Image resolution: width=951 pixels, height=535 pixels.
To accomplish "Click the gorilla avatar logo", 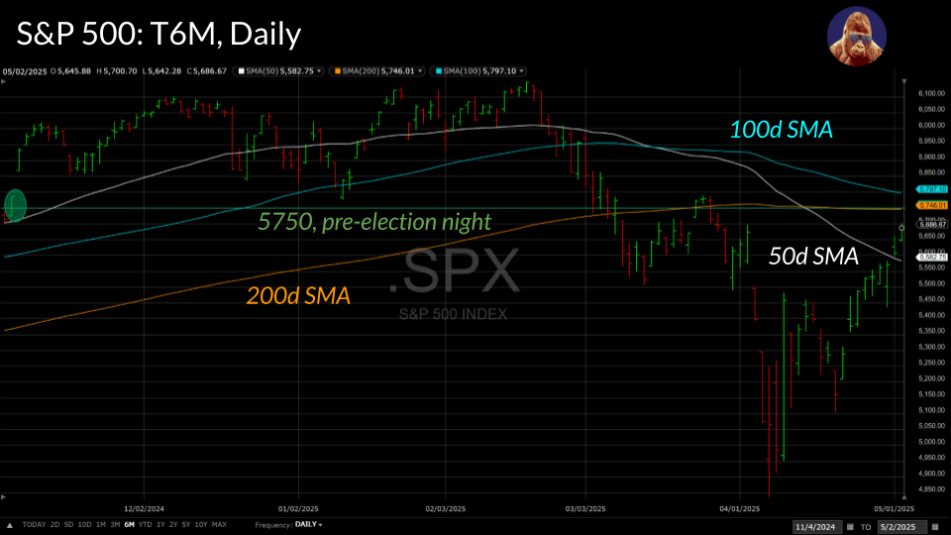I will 856,36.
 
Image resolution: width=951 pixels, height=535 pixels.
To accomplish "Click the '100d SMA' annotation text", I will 781,129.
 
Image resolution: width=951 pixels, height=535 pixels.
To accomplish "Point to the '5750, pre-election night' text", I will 374,222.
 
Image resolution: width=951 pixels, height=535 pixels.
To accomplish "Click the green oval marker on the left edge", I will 16,206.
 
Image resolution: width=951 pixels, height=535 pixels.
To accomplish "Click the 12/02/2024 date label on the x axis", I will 146,509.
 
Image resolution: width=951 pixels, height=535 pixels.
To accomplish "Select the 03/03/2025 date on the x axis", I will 584,509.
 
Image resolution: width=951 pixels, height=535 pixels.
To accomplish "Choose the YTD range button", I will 145,524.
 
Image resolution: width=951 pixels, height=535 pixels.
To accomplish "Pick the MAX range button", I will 219,524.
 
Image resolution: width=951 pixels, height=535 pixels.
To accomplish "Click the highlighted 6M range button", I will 129,524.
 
